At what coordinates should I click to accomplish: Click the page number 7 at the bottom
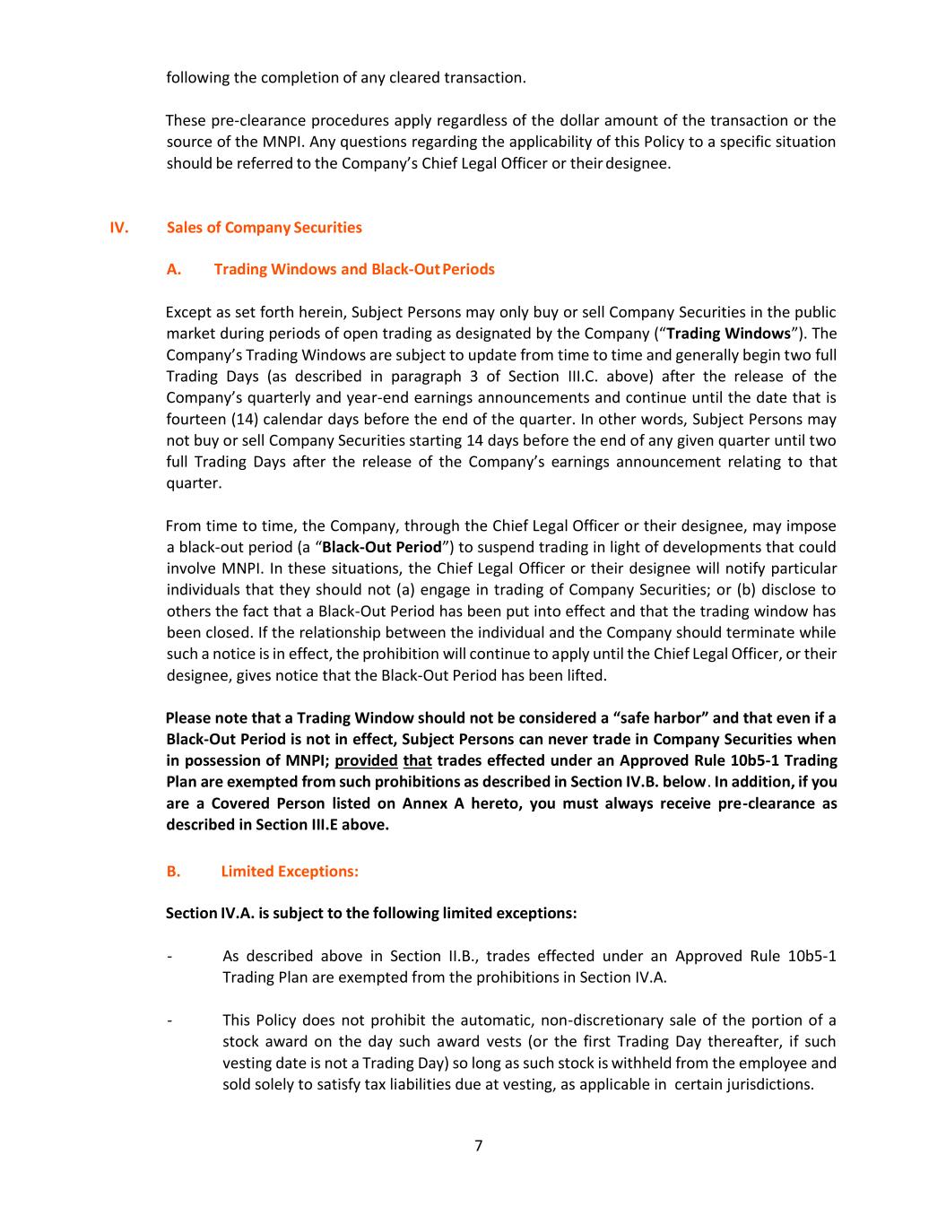point(478,1145)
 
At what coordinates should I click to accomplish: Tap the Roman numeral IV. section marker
point(119,227)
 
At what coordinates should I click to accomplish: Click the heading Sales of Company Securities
point(265,227)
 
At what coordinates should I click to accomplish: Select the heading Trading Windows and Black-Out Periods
point(354,269)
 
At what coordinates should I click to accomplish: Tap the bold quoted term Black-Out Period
point(382,547)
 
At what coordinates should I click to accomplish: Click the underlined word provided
point(366,760)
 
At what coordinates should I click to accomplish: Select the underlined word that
point(418,760)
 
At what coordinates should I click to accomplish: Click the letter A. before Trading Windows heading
point(174,269)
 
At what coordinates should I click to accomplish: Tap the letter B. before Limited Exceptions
point(173,871)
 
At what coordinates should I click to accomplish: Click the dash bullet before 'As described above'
point(169,956)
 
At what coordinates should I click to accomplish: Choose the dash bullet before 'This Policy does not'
point(169,1020)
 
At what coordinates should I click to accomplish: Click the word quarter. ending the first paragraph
point(194,483)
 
